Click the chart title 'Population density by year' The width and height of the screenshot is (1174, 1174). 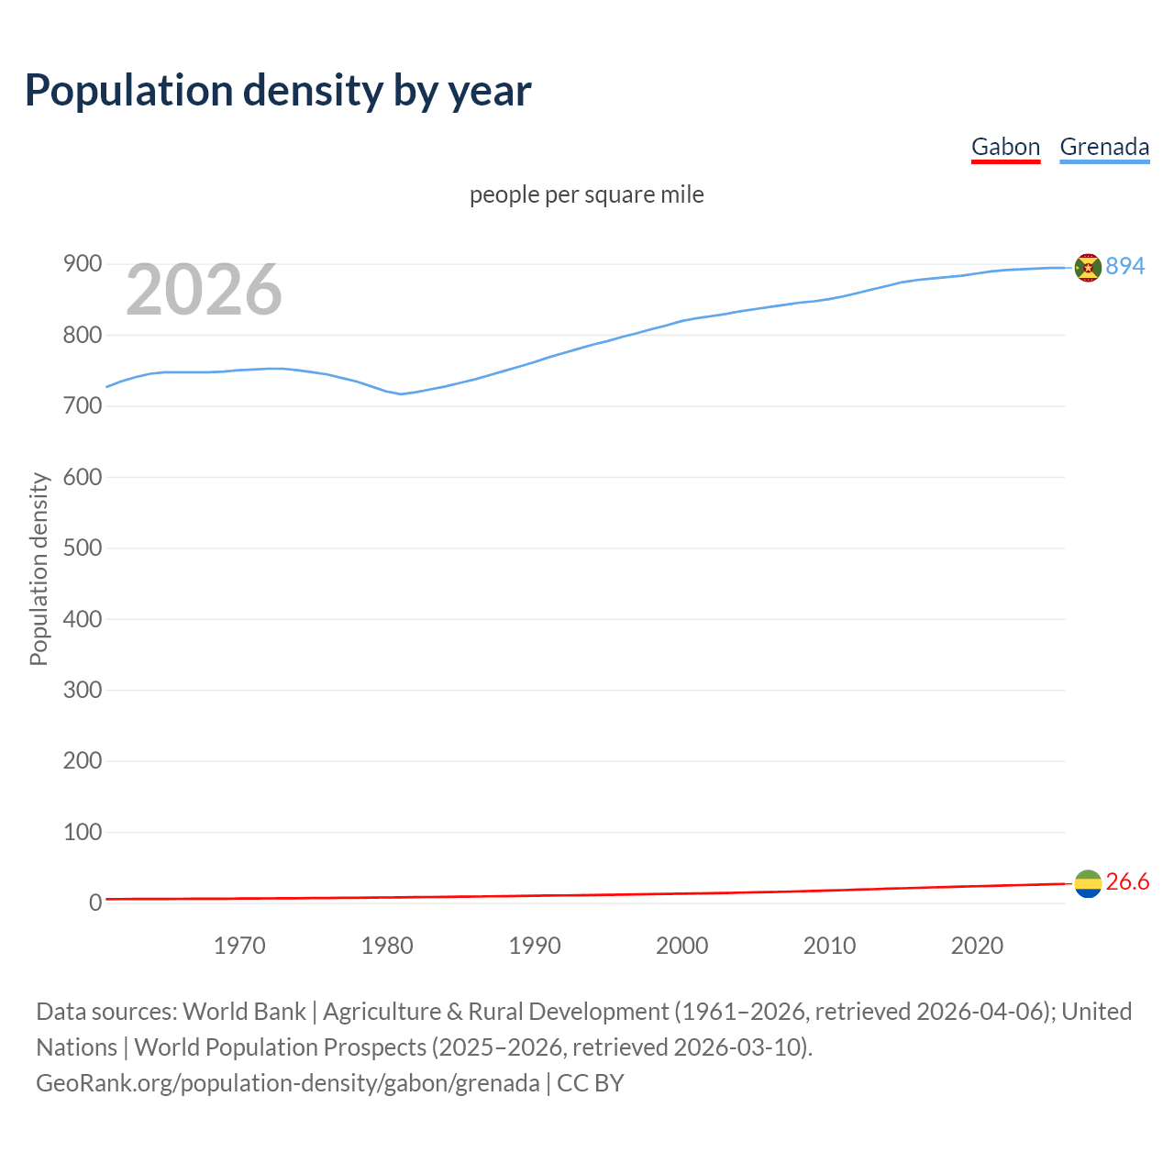[x=278, y=91]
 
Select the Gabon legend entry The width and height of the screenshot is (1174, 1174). [x=1005, y=147]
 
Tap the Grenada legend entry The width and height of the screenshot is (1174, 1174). [x=1104, y=147]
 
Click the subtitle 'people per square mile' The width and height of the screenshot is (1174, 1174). [x=586, y=194]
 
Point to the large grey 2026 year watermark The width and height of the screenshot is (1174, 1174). [x=204, y=291]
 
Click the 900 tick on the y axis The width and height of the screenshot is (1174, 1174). [x=82, y=264]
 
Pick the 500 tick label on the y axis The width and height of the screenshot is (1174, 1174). [x=82, y=548]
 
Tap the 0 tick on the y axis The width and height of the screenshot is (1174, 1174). [x=94, y=903]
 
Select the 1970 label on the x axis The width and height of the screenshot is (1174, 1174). [x=239, y=946]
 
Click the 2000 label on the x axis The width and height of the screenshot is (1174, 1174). [x=681, y=946]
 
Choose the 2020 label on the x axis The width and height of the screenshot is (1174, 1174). [x=977, y=946]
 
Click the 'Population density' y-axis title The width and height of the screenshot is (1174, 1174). [x=39, y=569]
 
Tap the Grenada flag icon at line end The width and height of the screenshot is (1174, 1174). [x=1088, y=267]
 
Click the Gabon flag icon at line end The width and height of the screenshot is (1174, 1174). [x=1088, y=883]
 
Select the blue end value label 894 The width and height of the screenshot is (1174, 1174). [x=1124, y=266]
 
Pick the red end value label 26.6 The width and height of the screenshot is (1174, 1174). [x=1127, y=881]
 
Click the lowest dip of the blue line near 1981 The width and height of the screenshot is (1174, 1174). [x=401, y=393]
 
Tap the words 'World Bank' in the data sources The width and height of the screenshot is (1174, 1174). [x=244, y=1012]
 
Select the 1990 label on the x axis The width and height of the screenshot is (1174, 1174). [x=535, y=946]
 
